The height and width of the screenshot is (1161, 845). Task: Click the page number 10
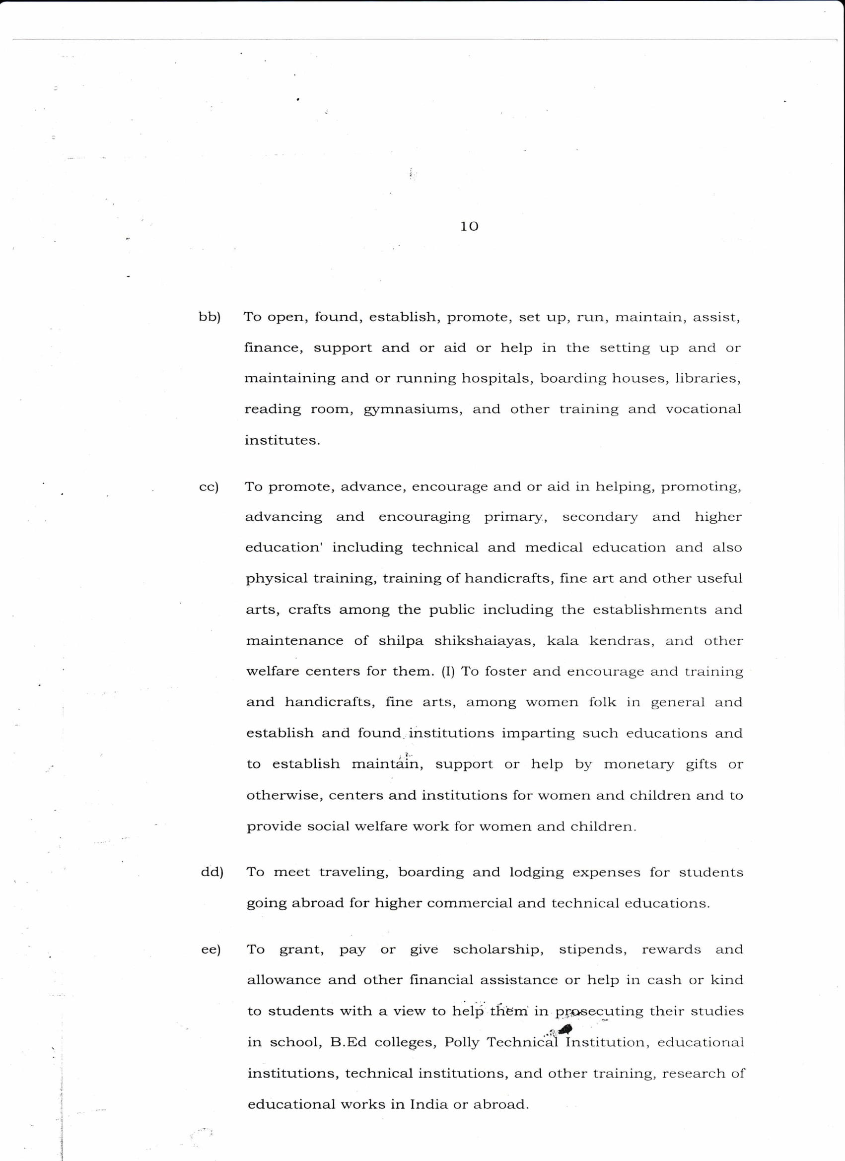[469, 226]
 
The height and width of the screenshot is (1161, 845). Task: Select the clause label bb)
[210, 317]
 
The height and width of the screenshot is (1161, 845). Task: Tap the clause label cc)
[209, 487]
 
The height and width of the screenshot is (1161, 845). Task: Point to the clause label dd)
[212, 872]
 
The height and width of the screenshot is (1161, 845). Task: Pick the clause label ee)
[211, 950]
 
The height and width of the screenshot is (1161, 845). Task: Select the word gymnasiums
[413, 410]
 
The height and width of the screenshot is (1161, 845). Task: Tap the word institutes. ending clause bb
[282, 440]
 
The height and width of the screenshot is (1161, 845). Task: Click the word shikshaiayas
[485, 641]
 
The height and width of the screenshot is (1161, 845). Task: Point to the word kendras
[622, 641]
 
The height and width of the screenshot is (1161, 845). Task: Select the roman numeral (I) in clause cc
[448, 672]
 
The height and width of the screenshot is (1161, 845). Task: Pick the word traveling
[354, 872]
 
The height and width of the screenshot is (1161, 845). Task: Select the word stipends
[592, 950]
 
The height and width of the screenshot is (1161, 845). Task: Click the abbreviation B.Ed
[348, 1042]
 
